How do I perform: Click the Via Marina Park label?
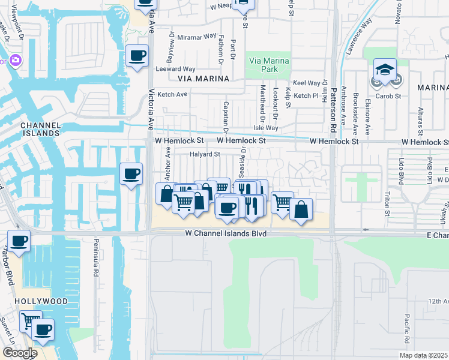click(268, 65)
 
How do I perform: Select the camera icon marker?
click(14, 60)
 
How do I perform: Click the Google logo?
click(20, 353)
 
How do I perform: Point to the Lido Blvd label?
click(401, 170)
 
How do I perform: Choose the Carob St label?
click(388, 96)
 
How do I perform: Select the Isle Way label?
click(266, 128)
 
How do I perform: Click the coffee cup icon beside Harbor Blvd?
click(19, 241)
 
